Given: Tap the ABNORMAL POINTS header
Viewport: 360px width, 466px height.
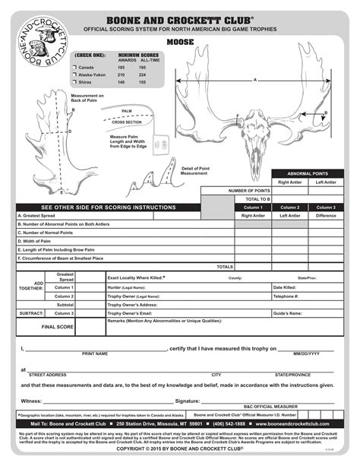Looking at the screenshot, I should (304, 174).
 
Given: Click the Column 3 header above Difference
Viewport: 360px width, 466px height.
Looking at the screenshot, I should (325, 207).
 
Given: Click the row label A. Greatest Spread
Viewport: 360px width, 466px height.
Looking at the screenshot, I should (37, 215).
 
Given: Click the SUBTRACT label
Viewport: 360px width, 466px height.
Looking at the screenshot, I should (31, 313).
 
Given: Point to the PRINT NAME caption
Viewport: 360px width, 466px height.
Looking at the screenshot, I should (94, 353).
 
